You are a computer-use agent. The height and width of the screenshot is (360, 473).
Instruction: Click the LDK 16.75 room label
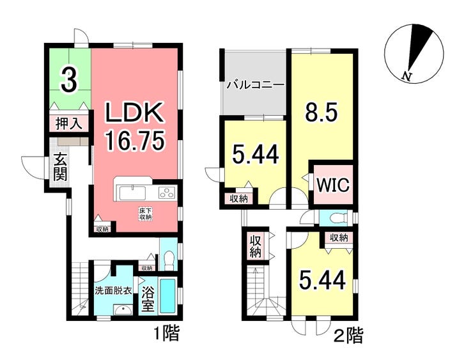(136, 126)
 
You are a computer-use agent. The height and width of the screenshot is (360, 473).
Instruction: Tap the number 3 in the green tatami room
(70, 80)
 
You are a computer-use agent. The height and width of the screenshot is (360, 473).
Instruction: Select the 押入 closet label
(70, 123)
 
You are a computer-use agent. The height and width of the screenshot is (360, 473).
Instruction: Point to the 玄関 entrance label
(59, 167)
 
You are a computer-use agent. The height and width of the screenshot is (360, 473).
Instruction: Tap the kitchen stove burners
(167, 192)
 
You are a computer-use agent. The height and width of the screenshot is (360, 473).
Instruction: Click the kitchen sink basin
(133, 193)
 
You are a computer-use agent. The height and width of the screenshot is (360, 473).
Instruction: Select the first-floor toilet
(169, 260)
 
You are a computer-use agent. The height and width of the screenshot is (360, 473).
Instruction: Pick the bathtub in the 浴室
(167, 295)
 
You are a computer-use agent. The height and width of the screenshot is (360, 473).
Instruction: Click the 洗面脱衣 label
(113, 291)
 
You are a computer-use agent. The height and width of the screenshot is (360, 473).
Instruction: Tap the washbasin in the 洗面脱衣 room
(123, 309)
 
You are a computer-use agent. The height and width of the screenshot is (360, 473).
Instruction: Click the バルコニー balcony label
(256, 85)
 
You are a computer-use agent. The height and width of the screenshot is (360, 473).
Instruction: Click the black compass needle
(421, 46)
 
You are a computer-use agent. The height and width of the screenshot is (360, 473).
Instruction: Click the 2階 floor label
(350, 336)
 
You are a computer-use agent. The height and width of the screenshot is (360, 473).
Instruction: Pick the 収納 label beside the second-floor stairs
(255, 246)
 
